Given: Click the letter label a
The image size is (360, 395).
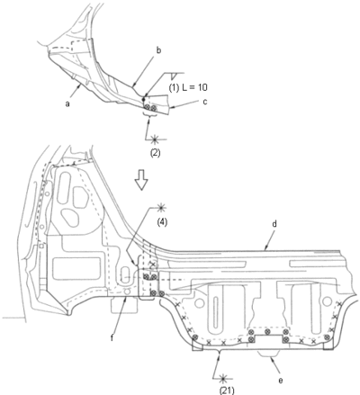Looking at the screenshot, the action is click(x=67, y=103).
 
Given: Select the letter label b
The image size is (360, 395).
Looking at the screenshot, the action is click(x=158, y=50).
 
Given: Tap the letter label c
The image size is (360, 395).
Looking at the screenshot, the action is click(x=205, y=102).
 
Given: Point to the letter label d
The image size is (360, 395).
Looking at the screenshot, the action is click(x=275, y=224).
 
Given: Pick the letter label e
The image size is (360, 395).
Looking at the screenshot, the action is click(x=281, y=381).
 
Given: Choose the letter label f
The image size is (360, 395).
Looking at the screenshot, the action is click(x=112, y=338).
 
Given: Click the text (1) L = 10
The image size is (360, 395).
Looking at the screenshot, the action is click(x=188, y=87).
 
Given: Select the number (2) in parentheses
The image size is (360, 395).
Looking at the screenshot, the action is click(x=155, y=153).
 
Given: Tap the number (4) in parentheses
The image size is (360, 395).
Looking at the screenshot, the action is click(x=161, y=222).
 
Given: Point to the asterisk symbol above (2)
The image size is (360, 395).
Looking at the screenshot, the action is click(x=155, y=139).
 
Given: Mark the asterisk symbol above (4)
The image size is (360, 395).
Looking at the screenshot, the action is click(x=161, y=207).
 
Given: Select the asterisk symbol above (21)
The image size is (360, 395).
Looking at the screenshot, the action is click(x=222, y=379).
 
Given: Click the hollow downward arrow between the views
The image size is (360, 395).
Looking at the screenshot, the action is click(x=140, y=180).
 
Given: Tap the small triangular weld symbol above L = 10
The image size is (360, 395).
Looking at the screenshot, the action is click(x=174, y=76).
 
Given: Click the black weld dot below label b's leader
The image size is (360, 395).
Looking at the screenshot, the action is click(x=143, y=99).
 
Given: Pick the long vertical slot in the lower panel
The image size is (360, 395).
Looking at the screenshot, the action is click(x=215, y=312).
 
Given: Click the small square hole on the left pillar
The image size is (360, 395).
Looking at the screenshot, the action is click(x=42, y=247).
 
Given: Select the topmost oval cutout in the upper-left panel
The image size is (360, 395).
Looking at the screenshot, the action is click(x=65, y=182).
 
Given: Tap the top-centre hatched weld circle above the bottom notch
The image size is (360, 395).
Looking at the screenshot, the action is click(x=268, y=332).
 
